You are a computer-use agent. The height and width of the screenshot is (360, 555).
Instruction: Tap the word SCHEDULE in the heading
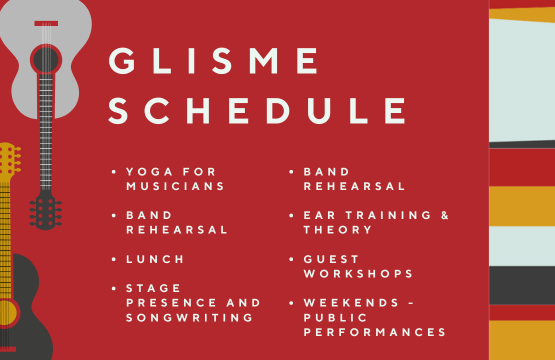click(x=258, y=111)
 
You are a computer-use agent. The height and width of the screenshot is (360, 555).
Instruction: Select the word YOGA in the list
click(x=150, y=172)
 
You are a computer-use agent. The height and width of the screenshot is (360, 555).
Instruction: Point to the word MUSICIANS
click(x=175, y=186)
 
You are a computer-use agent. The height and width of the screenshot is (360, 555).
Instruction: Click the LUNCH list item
click(x=156, y=258)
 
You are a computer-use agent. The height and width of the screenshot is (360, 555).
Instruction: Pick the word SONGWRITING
click(x=189, y=317)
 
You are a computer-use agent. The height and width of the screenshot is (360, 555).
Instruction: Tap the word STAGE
click(x=151, y=288)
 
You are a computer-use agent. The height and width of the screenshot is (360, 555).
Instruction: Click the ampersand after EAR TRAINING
click(x=445, y=215)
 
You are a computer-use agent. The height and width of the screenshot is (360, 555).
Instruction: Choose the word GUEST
click(x=331, y=259)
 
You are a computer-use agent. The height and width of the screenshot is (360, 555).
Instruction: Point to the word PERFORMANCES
click(x=375, y=331)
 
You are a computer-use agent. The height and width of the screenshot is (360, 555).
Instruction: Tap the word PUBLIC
click(x=335, y=317)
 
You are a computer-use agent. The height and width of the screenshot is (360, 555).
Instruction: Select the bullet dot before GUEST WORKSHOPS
click(x=290, y=259)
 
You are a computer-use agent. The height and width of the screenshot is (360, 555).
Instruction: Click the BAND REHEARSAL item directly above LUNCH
click(x=177, y=222)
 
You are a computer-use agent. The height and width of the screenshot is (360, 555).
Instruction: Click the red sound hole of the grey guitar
click(x=45, y=60)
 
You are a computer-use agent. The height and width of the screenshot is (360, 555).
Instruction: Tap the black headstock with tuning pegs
click(x=45, y=211)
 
